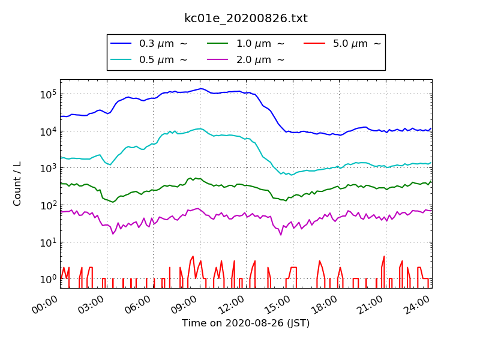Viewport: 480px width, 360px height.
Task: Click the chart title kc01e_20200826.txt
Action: [x=246, y=19]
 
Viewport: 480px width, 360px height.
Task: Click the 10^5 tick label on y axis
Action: [x=48, y=94]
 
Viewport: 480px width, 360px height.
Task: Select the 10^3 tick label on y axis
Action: [x=48, y=168]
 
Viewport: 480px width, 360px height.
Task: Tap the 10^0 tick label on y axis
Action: [x=48, y=279]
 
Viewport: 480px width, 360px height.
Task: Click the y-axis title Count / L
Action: [x=17, y=184]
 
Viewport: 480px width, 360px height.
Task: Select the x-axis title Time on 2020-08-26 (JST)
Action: [x=246, y=323]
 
